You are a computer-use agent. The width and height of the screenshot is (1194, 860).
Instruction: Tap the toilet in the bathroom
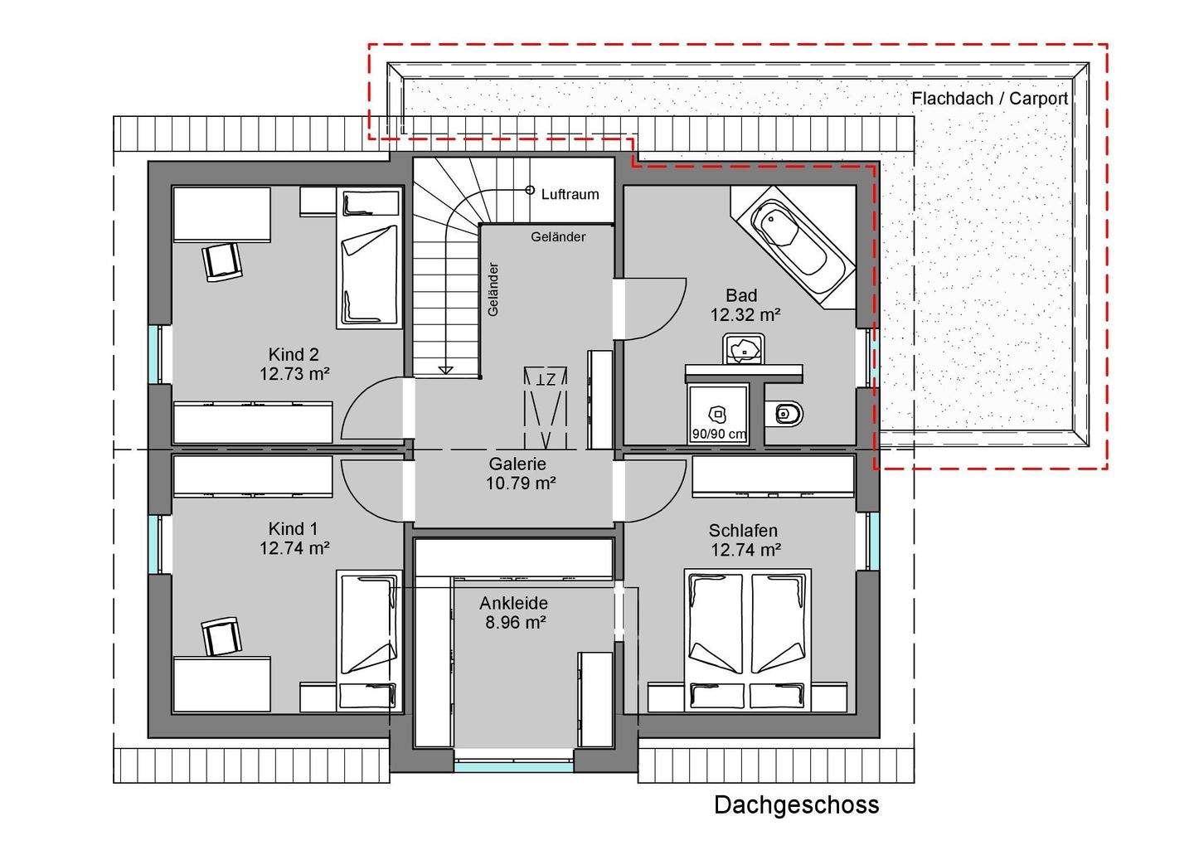click(784, 413)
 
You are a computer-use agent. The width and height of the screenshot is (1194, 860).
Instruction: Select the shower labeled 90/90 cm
click(718, 415)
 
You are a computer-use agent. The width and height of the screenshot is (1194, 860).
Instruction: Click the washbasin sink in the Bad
click(744, 349)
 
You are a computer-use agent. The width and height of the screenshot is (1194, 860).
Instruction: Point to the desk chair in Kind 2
click(223, 261)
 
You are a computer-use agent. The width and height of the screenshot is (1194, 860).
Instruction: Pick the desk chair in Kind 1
click(221, 637)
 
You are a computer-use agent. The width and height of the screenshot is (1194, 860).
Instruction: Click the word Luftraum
click(570, 194)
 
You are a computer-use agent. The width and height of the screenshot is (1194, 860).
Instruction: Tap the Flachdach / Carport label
click(989, 99)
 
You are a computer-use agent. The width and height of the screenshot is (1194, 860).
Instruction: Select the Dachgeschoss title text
click(796, 805)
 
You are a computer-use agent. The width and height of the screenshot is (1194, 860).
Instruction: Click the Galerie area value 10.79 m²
click(521, 483)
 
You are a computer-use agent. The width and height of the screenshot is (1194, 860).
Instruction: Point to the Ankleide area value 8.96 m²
click(516, 622)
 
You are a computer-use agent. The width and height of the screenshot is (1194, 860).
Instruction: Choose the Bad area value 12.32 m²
click(745, 314)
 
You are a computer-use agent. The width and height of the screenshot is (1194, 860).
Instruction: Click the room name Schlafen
click(743, 531)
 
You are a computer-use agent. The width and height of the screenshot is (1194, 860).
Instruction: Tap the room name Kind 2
click(294, 354)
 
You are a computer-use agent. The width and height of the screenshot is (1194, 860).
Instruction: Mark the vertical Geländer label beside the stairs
click(493, 289)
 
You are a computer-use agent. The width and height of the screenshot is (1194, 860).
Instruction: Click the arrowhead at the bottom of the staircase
click(445, 370)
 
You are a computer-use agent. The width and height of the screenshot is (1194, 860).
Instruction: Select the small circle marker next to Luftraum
click(529, 190)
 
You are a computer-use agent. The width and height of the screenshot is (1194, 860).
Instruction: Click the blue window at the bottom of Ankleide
click(514, 767)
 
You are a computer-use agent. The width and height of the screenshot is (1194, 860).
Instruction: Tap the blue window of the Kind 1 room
click(153, 544)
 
